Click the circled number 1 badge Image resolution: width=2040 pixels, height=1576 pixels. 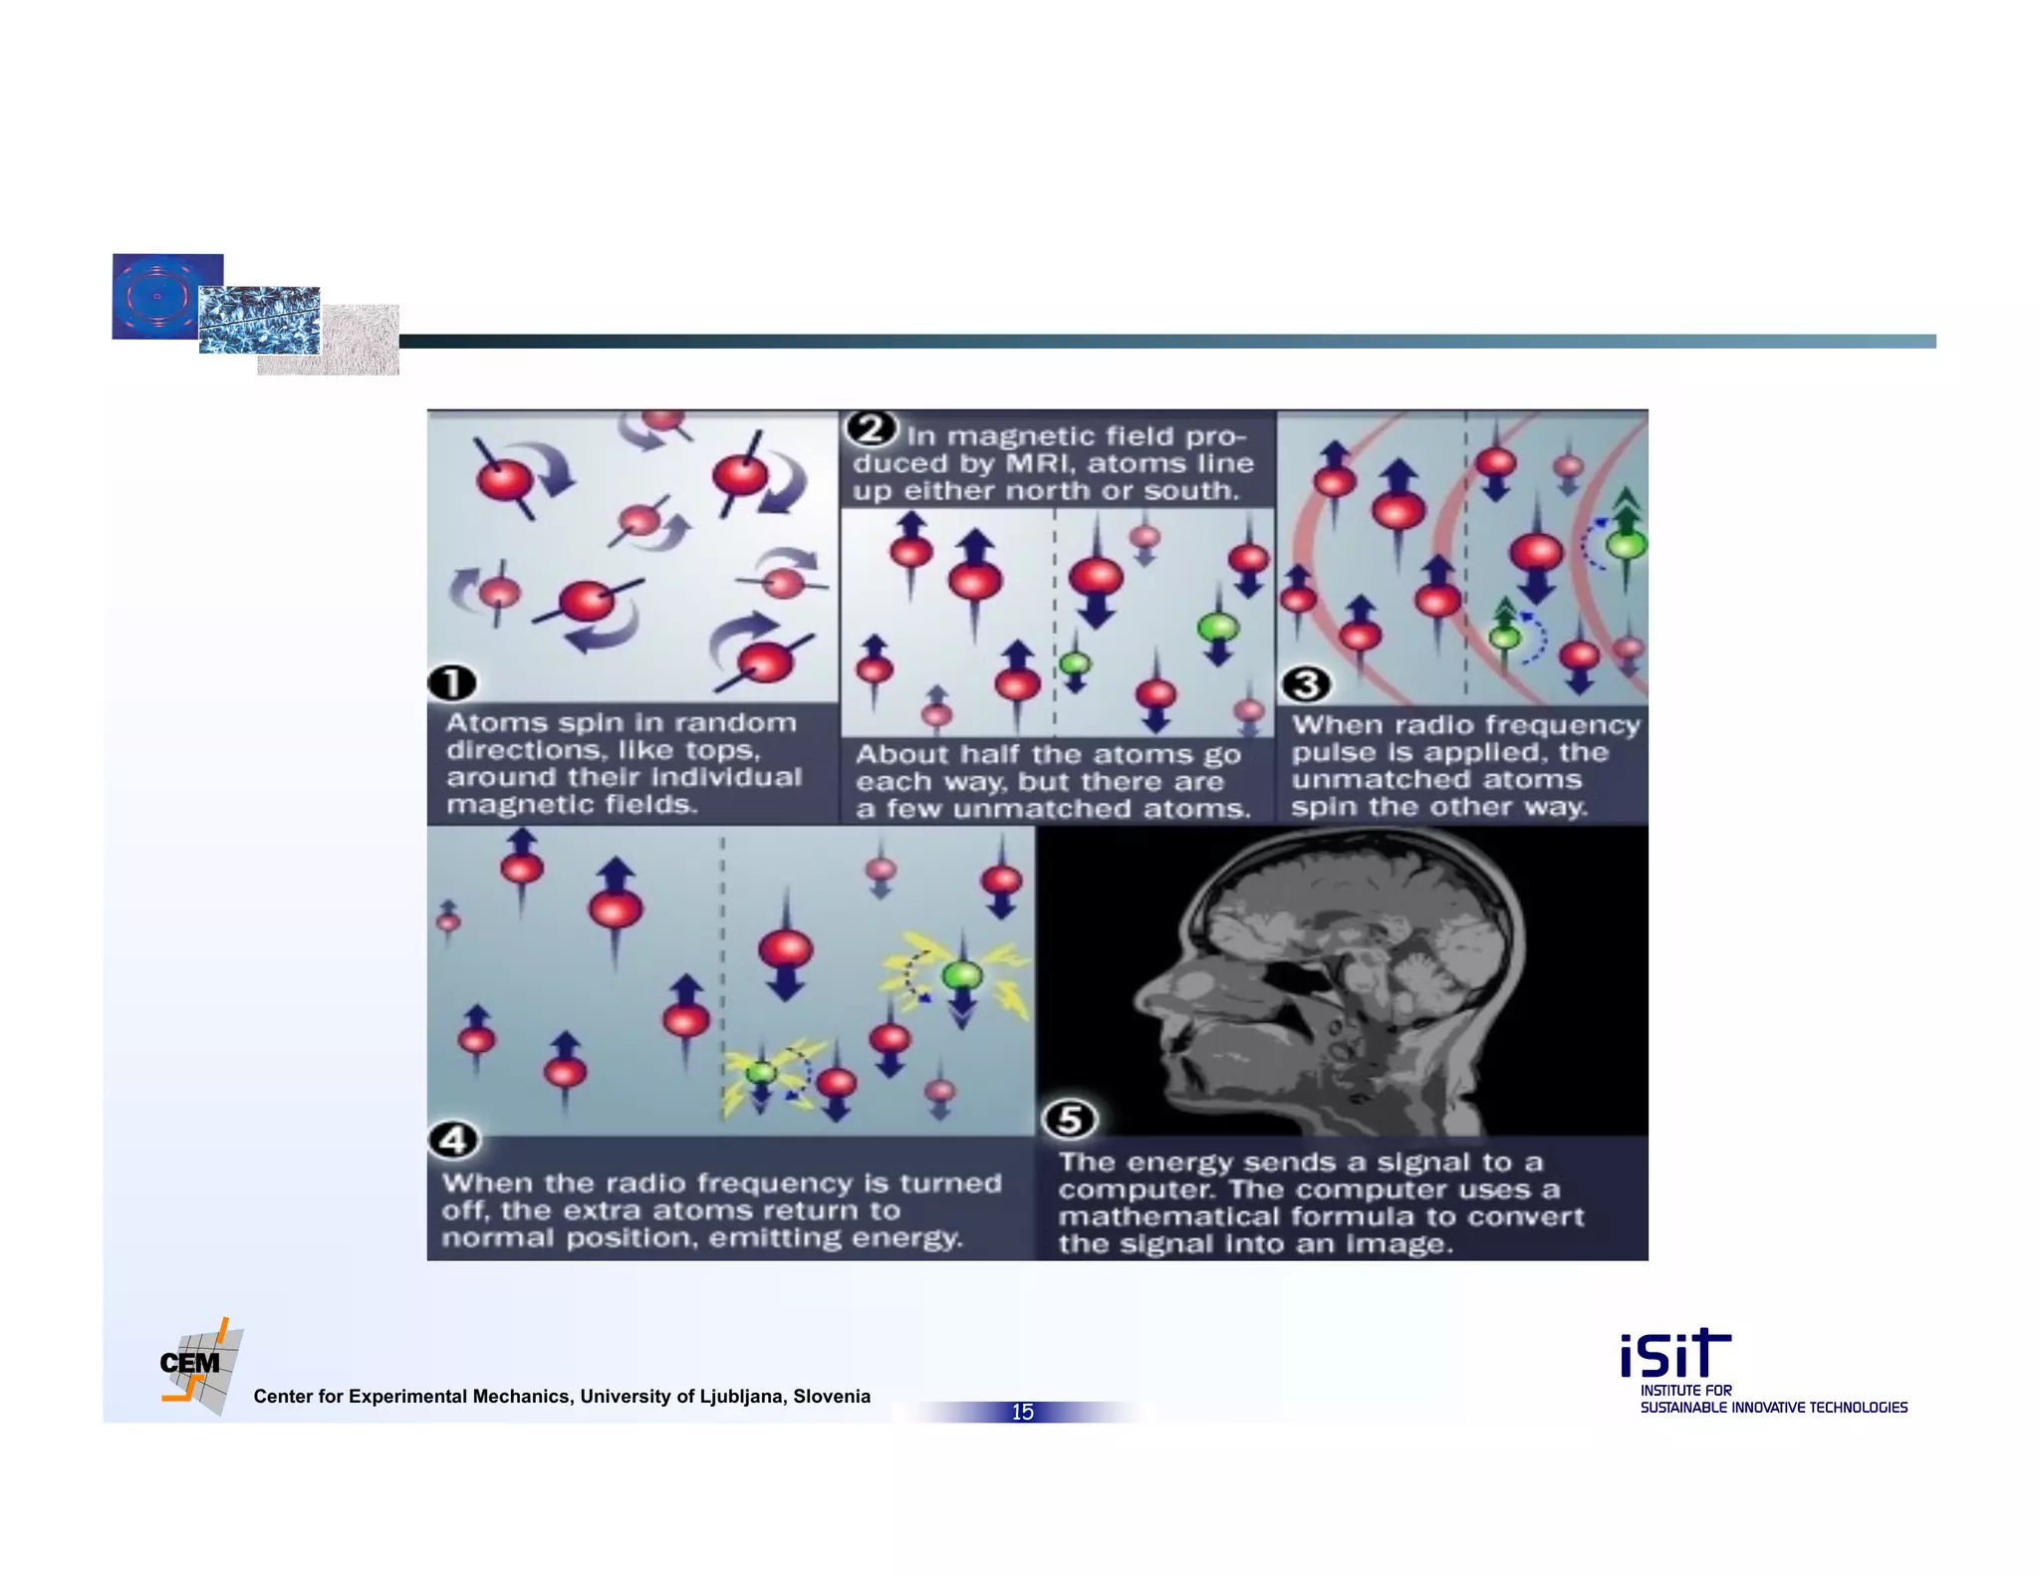pos(452,683)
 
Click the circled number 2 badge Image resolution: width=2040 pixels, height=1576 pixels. pos(872,429)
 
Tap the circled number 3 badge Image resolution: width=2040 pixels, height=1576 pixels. pos(1306,684)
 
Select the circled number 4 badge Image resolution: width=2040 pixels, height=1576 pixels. pos(453,1140)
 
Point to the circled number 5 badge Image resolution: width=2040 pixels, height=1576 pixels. pos(1070,1120)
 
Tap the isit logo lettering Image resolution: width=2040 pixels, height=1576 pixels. pos(1674,1354)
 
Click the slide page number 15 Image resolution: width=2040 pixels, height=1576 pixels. pos(1022,1412)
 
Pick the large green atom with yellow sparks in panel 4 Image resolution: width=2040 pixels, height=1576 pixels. pos(962,974)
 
